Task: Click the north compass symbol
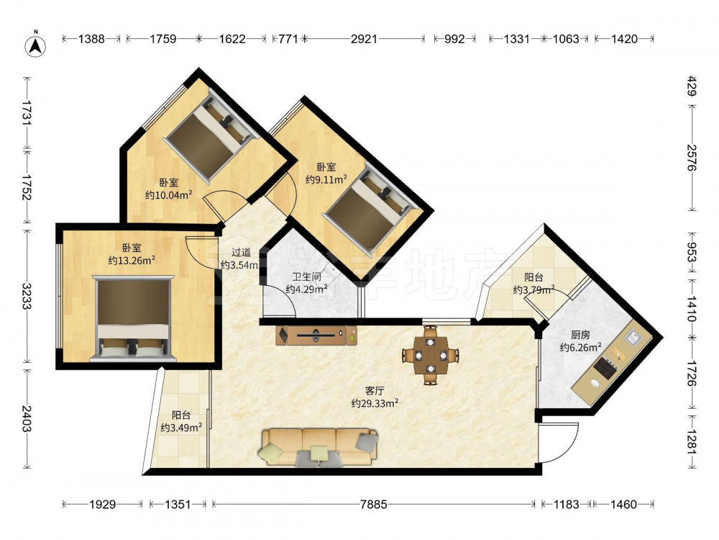click(x=36, y=45)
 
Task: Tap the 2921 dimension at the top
click(x=364, y=39)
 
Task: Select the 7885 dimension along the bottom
click(x=374, y=504)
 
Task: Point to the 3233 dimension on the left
click(x=27, y=296)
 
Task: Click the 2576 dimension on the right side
click(x=692, y=158)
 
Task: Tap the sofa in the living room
click(x=320, y=447)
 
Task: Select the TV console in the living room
click(x=316, y=336)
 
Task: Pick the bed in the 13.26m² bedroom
click(x=133, y=318)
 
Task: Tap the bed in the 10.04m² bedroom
click(x=211, y=136)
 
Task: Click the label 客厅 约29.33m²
click(x=374, y=397)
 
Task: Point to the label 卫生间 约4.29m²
click(x=306, y=283)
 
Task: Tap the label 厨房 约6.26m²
click(x=580, y=341)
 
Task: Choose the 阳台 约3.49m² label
click(x=182, y=421)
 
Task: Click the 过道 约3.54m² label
click(x=240, y=258)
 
